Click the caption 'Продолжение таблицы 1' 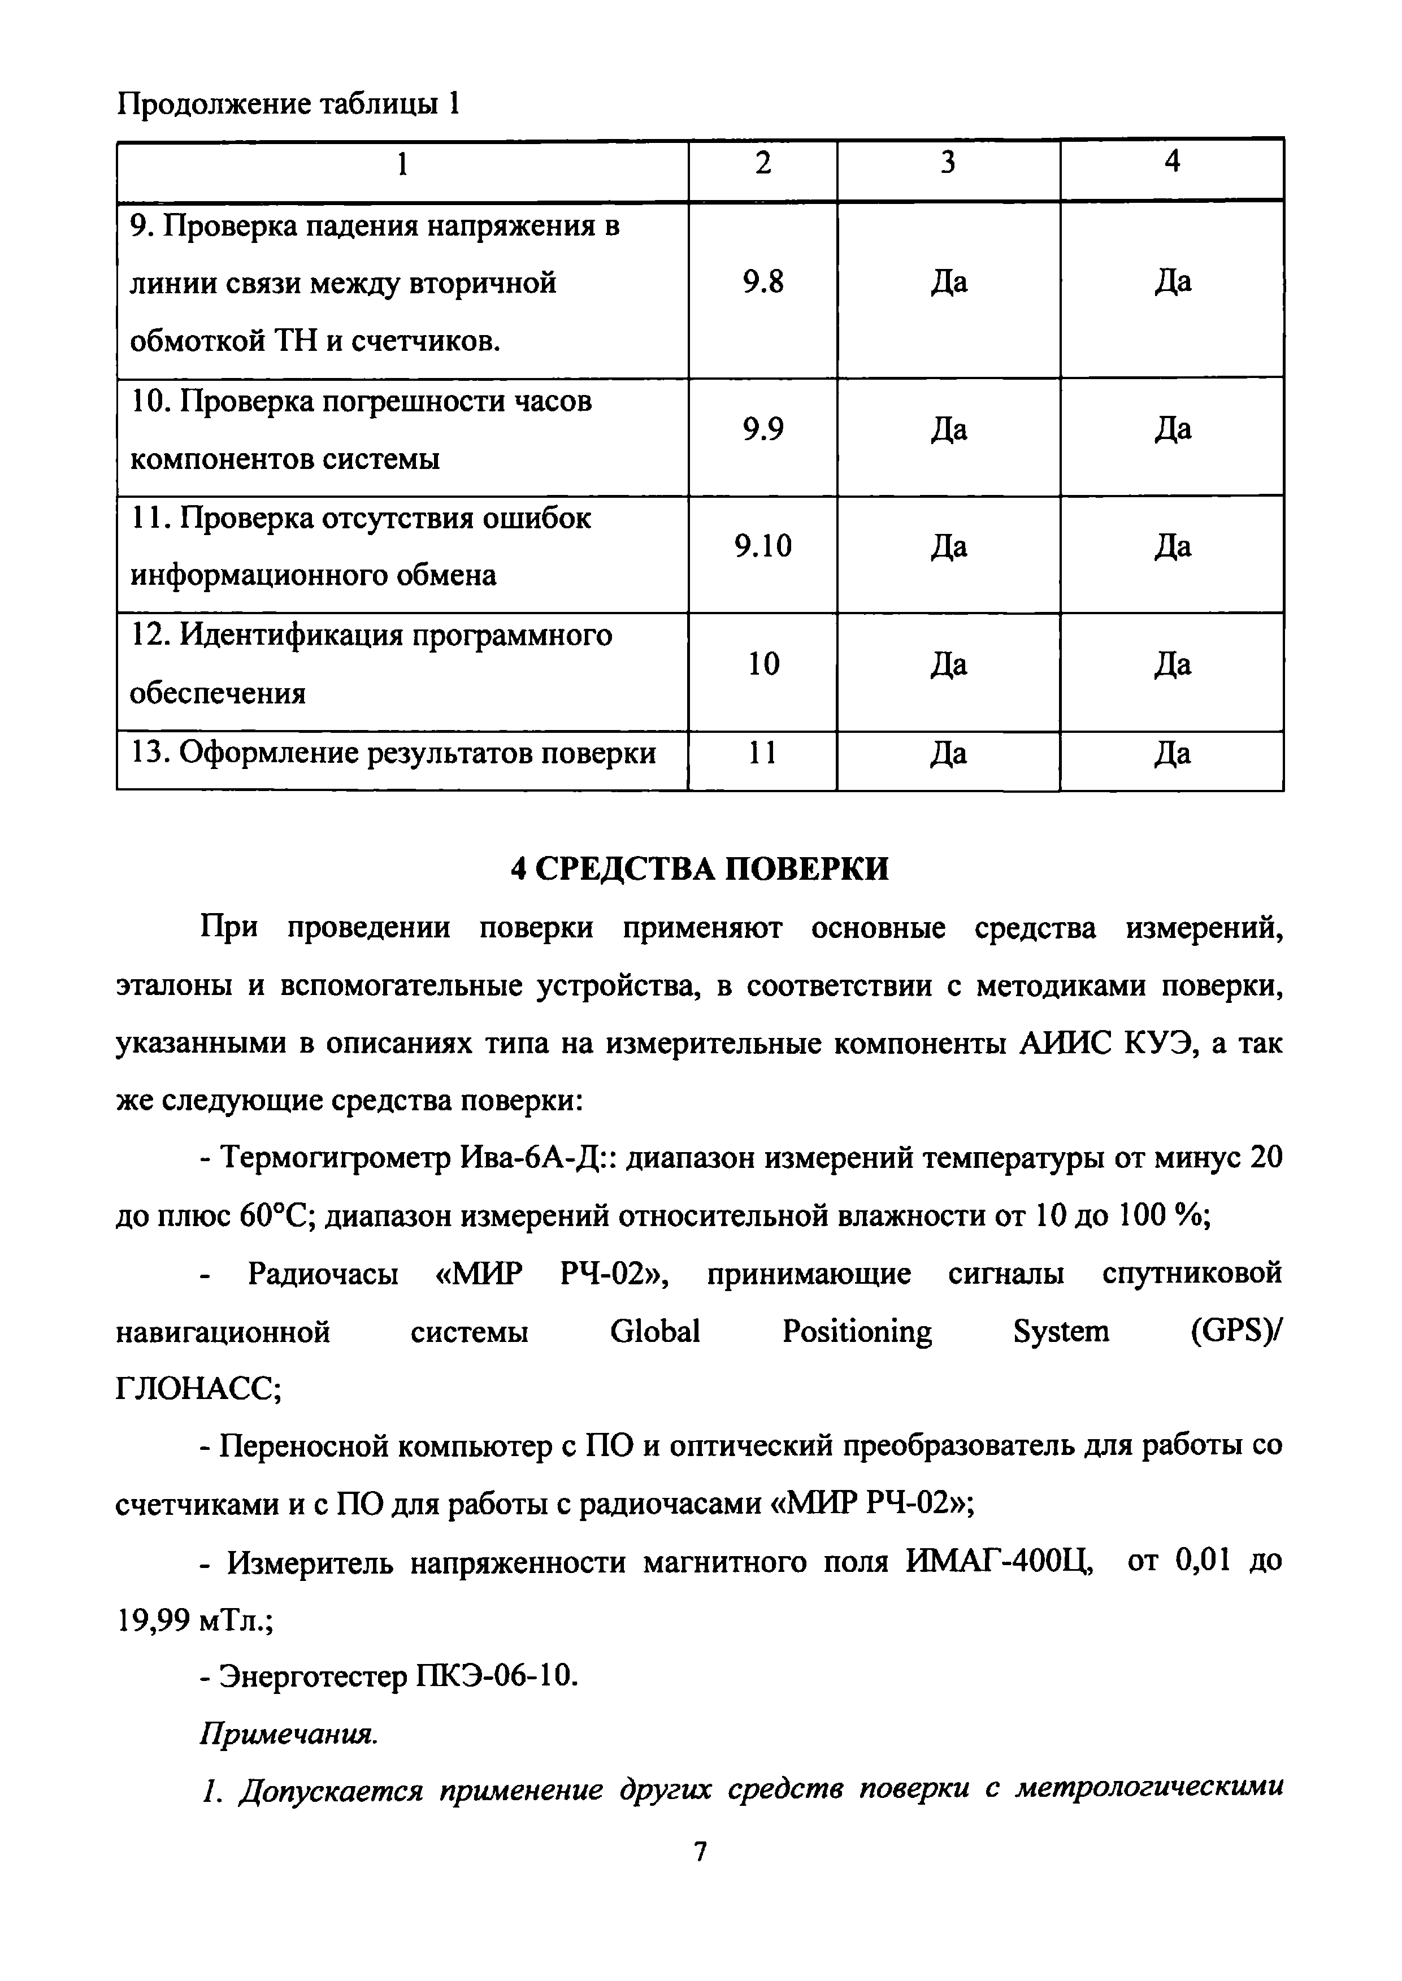pyautogui.click(x=288, y=105)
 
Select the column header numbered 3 pyautogui.click(x=948, y=162)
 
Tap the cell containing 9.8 pyautogui.click(x=763, y=283)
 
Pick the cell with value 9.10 pyautogui.click(x=763, y=546)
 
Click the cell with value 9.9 pyautogui.click(x=763, y=429)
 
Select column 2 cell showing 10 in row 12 pyautogui.click(x=763, y=664)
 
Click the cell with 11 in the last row pyautogui.click(x=763, y=754)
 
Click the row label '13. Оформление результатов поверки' pyautogui.click(x=393, y=754)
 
